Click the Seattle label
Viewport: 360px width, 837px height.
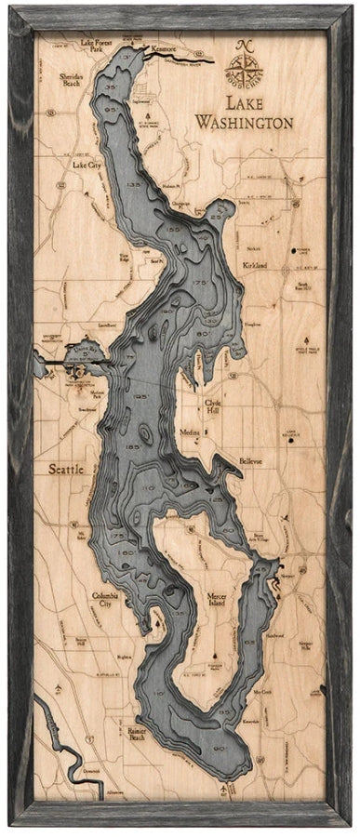pyautogui.click(x=66, y=470)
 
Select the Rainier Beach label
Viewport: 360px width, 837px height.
pyautogui.click(x=137, y=735)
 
